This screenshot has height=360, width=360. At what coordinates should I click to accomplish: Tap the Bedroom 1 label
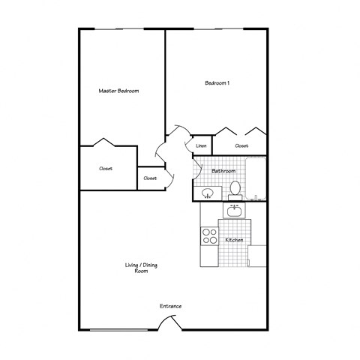pyautogui.click(x=217, y=82)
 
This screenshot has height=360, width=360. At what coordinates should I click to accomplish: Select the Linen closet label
pyautogui.click(x=201, y=145)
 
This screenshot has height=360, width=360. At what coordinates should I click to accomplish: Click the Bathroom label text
pyautogui.click(x=223, y=171)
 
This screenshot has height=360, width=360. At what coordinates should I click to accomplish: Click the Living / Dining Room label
pyautogui.click(x=141, y=268)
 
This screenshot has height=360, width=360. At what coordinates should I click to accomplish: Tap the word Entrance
pyautogui.click(x=170, y=306)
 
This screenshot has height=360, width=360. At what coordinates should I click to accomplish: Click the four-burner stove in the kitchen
pyautogui.click(x=208, y=238)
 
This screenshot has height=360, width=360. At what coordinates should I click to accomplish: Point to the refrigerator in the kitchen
pyautogui.click(x=257, y=256)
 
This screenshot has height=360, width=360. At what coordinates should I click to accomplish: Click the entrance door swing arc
pyautogui.click(x=167, y=322)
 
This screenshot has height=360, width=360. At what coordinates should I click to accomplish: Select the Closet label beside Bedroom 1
pyautogui.click(x=241, y=145)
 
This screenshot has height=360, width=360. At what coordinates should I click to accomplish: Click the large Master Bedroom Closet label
pyautogui.click(x=106, y=169)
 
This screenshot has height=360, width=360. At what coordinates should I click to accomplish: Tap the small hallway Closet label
pyautogui.click(x=150, y=178)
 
